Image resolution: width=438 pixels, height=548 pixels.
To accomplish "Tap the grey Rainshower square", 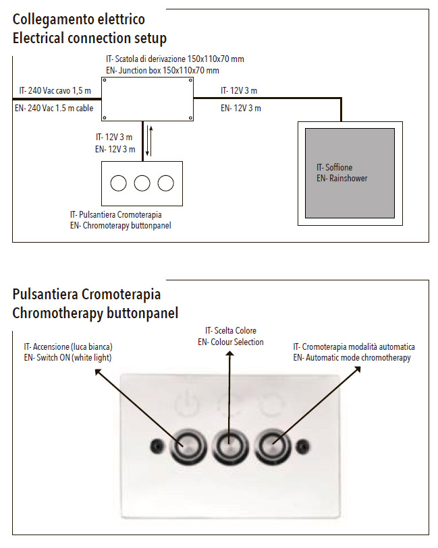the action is point(350,173).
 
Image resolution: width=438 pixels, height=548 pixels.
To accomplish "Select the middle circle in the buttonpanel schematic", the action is point(142,183).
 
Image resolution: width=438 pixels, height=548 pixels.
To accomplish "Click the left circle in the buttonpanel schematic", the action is point(118,183).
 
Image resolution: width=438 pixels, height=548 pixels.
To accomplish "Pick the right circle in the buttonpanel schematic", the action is point(165,183).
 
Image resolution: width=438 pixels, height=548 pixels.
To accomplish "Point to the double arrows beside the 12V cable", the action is point(149,140).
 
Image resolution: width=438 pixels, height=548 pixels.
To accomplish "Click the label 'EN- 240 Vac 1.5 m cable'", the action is point(54,109).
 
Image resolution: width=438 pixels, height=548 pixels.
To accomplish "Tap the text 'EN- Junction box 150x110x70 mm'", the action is point(163,71).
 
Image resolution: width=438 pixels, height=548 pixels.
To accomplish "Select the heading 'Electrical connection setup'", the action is point(90,38).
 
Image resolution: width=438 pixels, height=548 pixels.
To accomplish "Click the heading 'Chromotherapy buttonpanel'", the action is point(95,313).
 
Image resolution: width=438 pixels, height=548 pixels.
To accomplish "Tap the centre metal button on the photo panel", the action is point(229,446).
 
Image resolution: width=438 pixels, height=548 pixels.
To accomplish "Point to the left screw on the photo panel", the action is point(157,446).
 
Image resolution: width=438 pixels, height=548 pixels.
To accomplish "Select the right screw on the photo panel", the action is point(302,446).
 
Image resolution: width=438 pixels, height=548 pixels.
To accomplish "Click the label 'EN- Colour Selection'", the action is point(231,342).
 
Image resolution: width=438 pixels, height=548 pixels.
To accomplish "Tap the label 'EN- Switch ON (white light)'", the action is point(68,358).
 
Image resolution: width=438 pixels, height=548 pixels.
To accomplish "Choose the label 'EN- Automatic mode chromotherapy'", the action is point(352,358).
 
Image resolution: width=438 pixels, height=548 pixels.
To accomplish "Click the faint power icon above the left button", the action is point(188,404).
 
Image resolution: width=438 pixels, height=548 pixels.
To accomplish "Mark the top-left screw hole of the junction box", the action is point(105,80).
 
